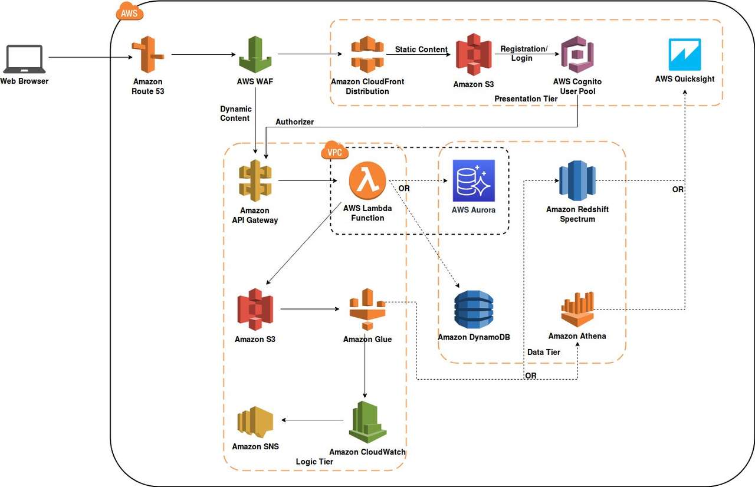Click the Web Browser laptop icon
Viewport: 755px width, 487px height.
24,60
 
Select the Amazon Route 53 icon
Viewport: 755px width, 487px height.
147,55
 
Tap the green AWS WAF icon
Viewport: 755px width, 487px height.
255,55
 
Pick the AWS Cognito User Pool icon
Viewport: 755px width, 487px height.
577,54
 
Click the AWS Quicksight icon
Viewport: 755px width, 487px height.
685,55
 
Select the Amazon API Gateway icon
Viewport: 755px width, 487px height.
255,180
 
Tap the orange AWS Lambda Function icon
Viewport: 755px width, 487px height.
367,181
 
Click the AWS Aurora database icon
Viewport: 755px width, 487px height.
474,180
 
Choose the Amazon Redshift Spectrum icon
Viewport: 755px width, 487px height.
577,180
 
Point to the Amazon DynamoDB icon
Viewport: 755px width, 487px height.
474,309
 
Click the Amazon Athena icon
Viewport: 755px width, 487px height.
577,309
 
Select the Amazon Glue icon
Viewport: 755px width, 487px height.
367,309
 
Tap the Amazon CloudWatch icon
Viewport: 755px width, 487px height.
367,422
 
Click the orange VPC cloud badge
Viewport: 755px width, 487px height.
334,151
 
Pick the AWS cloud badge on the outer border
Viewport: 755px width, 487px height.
129,11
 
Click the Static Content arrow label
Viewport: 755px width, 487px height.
421,50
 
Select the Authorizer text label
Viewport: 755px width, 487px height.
294,121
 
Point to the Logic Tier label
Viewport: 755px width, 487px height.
314,462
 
